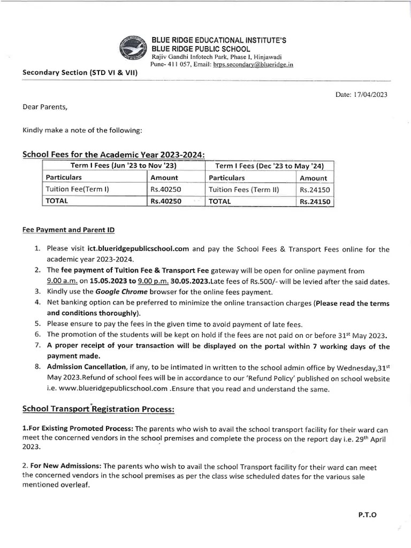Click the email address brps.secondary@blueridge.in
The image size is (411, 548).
[253, 64]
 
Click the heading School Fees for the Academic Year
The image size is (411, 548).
[113, 154]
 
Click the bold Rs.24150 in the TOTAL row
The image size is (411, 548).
[315, 202]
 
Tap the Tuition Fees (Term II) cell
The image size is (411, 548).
[244, 189]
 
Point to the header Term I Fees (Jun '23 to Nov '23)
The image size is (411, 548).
[124, 165]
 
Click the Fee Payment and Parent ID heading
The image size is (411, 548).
[68, 230]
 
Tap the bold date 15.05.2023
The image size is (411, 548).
[109, 281]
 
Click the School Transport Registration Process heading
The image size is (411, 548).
[98, 409]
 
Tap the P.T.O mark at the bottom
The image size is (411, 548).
[367, 515]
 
